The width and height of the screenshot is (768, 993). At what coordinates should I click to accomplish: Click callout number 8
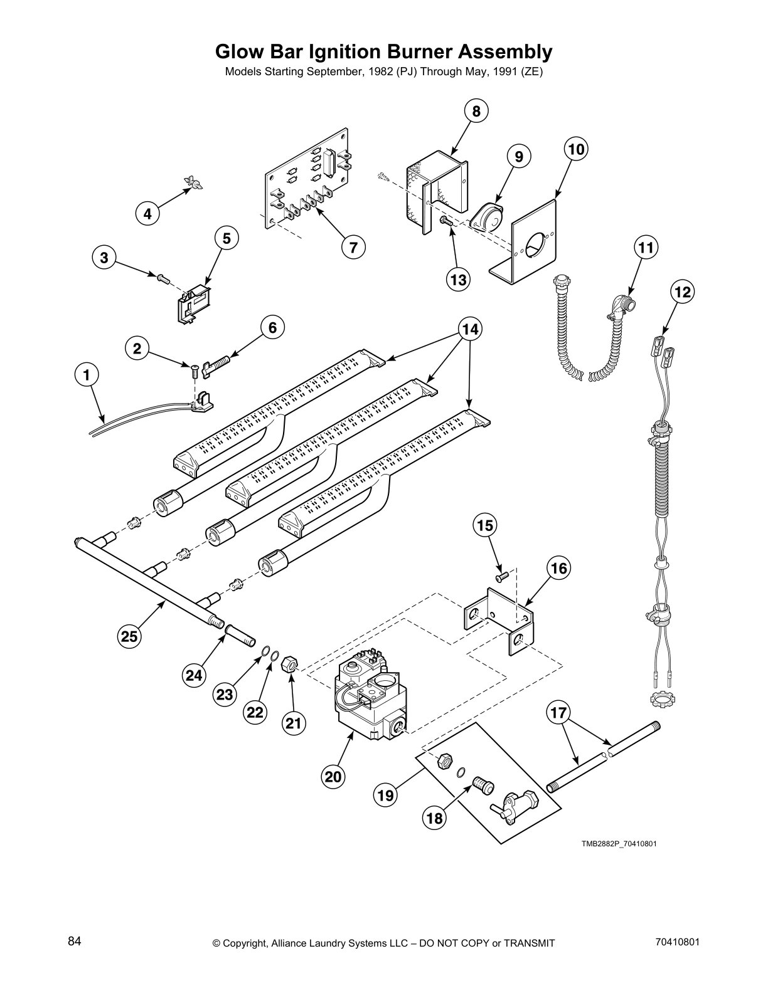[476, 112]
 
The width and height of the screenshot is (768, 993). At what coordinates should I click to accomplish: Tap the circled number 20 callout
[333, 777]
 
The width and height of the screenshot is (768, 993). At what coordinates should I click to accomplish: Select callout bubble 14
[469, 328]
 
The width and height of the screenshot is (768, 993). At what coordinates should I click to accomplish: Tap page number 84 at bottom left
[75, 942]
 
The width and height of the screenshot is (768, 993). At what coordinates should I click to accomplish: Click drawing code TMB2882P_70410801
[618, 844]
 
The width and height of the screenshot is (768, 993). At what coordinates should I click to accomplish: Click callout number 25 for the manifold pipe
[129, 637]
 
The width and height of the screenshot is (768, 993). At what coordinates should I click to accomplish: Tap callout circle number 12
[682, 292]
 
